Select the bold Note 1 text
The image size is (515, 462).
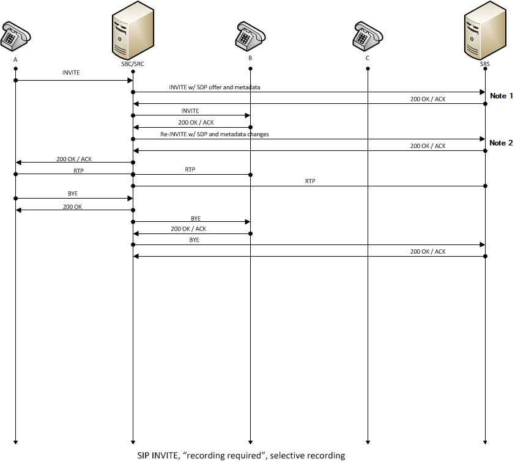(x=501, y=96)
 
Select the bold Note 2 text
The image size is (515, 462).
(x=501, y=142)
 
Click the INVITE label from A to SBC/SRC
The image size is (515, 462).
(x=70, y=72)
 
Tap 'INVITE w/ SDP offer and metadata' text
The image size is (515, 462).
(x=214, y=87)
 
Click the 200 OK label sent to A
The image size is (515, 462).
(x=72, y=207)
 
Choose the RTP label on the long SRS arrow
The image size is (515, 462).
(x=309, y=181)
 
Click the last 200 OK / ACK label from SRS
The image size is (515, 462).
(x=428, y=251)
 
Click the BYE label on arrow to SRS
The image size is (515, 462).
(x=194, y=240)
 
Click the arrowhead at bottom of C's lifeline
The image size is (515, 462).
(x=368, y=441)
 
